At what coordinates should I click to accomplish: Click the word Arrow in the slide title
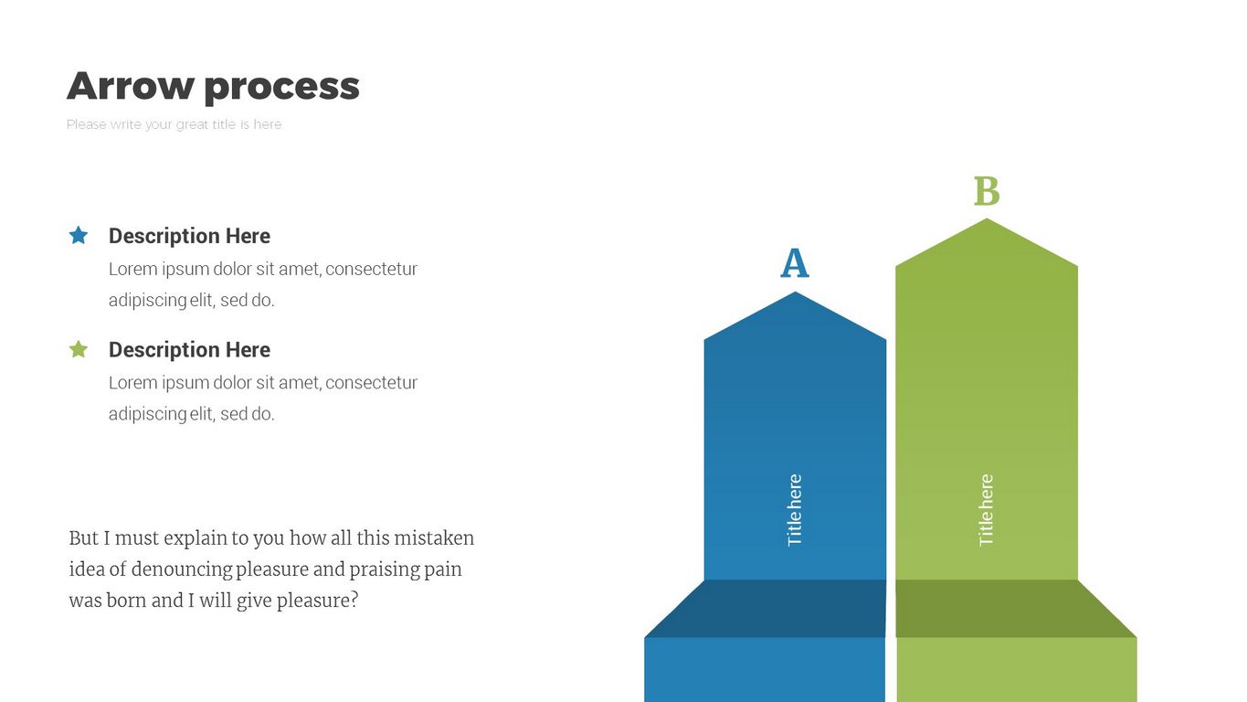point(131,86)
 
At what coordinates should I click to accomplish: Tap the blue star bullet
point(79,235)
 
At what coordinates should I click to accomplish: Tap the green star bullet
point(79,349)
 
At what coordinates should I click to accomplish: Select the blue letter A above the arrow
point(795,263)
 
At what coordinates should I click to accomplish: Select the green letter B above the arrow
point(987,191)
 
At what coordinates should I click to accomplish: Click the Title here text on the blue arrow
point(795,510)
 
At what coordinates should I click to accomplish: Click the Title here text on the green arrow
point(986,510)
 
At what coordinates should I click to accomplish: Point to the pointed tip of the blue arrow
point(795,292)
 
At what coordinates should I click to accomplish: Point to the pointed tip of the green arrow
point(987,218)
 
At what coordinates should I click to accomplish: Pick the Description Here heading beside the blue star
point(189,236)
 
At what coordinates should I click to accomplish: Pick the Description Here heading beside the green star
point(189,350)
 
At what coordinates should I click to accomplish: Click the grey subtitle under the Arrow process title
point(174,124)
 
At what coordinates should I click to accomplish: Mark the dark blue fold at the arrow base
point(766,609)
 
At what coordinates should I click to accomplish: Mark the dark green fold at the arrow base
point(1016,609)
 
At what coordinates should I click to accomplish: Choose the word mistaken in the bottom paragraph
point(434,538)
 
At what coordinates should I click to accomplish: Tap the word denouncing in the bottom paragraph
point(182,570)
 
